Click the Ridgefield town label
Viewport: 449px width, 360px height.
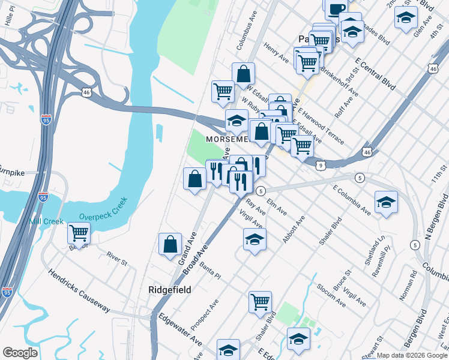pos(170,290)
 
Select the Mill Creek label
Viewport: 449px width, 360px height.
pos(46,221)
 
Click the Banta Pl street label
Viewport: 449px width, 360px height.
pos(210,271)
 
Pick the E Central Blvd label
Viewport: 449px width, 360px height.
pos(375,74)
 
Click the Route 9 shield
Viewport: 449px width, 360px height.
pos(322,165)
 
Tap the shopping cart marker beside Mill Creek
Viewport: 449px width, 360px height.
pos(79,233)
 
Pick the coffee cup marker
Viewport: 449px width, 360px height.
pos(335,8)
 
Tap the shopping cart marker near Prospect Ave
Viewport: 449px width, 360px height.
pos(260,302)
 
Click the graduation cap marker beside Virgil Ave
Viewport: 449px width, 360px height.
pos(255,239)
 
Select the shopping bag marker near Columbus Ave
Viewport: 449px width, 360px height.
pos(243,74)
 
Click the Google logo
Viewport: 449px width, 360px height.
pos(20,353)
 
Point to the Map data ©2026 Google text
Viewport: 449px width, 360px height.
pos(412,355)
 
